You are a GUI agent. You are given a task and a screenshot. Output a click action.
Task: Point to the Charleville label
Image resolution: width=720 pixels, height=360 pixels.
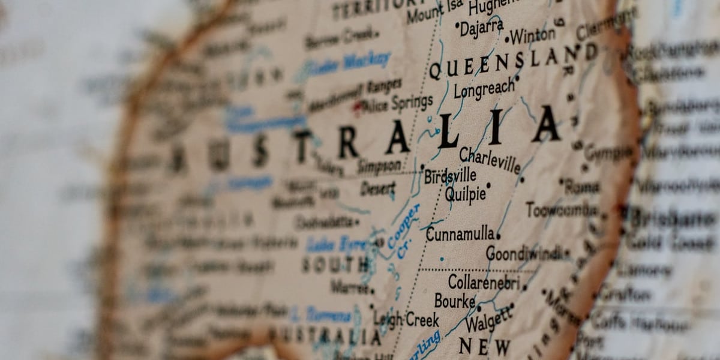490,160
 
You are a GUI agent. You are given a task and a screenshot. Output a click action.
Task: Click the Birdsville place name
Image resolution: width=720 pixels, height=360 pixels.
450,176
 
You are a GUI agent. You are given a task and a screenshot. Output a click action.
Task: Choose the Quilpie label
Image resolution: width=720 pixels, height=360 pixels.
465,194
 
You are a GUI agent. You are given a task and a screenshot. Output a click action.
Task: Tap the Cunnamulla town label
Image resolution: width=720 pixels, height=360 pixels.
460,234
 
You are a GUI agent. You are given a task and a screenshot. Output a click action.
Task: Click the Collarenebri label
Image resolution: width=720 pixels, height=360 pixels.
484,281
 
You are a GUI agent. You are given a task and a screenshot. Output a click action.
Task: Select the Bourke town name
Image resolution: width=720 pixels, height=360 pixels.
454,301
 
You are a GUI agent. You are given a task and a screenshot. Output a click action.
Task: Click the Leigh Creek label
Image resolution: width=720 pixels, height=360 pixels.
406,319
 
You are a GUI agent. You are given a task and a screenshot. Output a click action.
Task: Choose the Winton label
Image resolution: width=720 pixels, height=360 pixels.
533,36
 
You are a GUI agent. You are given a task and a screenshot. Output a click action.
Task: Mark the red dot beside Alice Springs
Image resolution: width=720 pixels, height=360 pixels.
358,107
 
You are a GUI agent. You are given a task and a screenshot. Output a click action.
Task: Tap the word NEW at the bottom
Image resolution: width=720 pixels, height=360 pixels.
484,346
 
